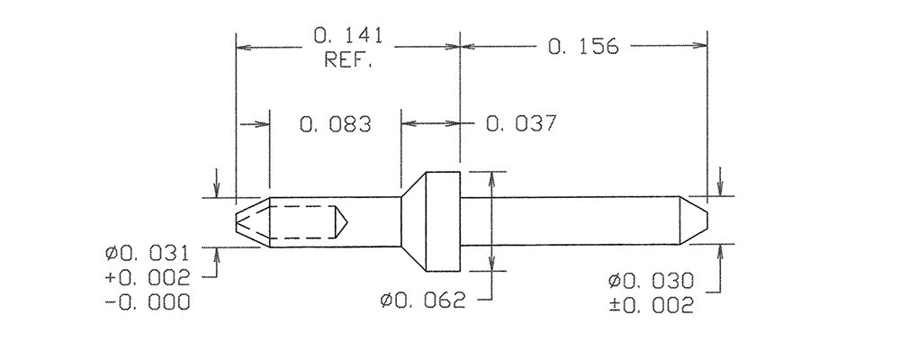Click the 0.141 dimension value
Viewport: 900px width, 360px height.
tap(348, 38)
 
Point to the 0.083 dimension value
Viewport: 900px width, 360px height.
tap(336, 124)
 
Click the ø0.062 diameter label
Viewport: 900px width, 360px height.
tap(422, 301)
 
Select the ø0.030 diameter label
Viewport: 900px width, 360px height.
tap(649, 283)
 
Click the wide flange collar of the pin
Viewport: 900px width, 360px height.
tap(444, 220)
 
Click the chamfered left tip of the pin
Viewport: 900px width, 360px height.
tap(251, 220)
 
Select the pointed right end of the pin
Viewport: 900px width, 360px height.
tap(694, 220)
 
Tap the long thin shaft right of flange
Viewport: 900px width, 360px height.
tap(567, 220)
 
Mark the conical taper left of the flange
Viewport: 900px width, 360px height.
tap(413, 220)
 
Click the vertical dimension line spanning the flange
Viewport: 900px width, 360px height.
tap(491, 220)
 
